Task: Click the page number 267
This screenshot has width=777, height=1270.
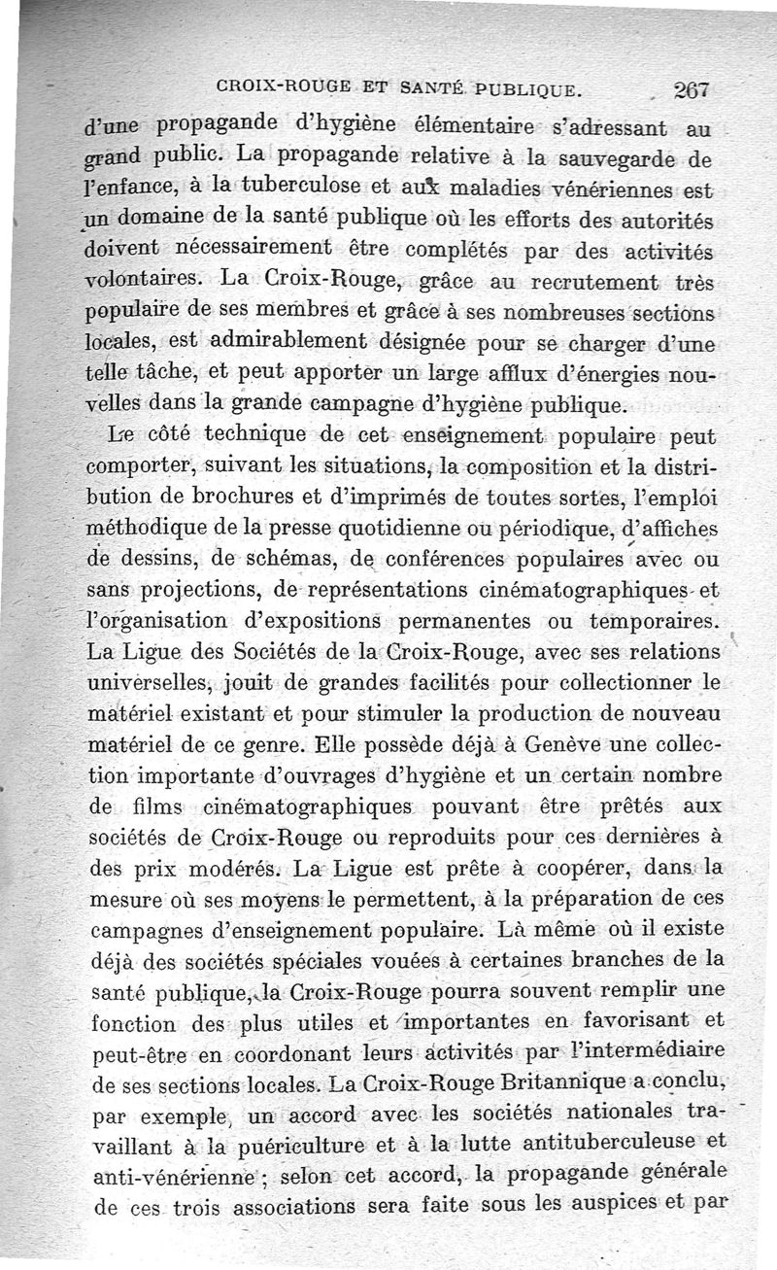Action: tap(693, 91)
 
